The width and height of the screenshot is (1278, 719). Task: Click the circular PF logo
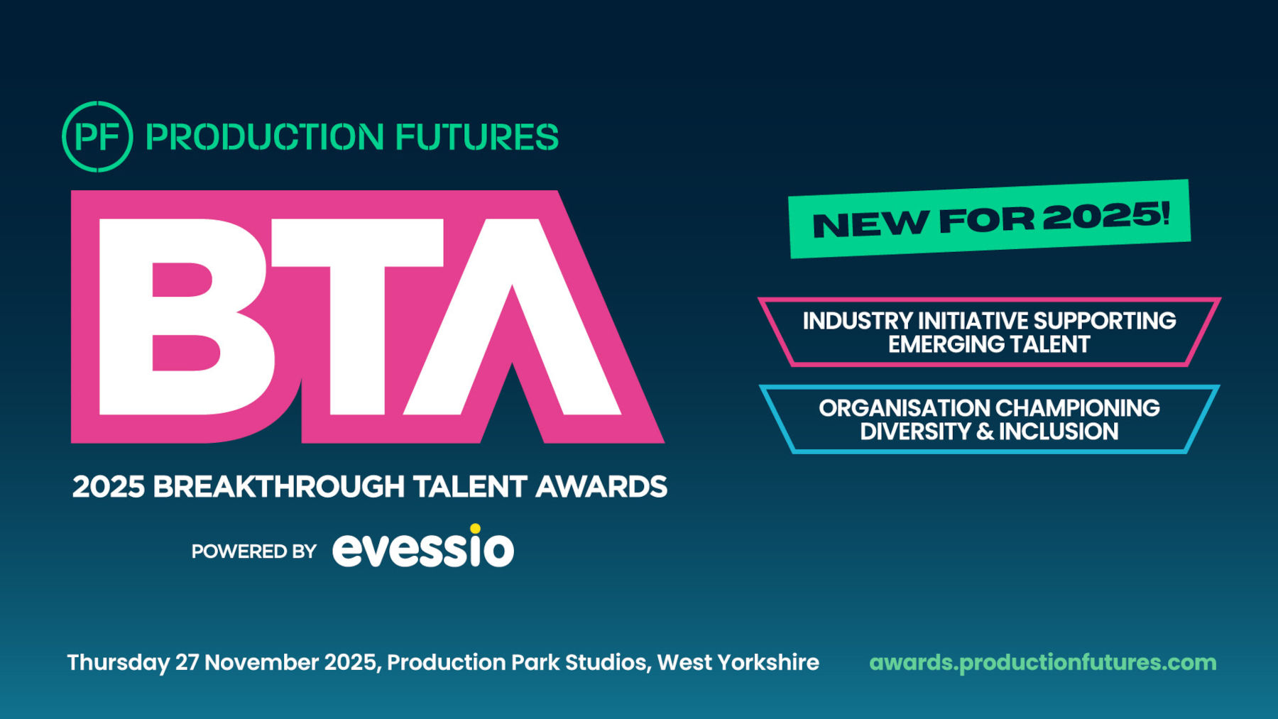pyautogui.click(x=97, y=136)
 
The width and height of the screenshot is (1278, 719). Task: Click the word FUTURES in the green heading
pyautogui.click(x=476, y=137)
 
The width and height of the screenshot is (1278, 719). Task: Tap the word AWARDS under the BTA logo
pyautogui.click(x=601, y=487)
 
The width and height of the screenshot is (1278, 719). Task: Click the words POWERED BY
pyautogui.click(x=253, y=551)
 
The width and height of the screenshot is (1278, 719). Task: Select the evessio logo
pyautogui.click(x=423, y=546)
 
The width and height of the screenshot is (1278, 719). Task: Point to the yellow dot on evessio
pyautogui.click(x=475, y=528)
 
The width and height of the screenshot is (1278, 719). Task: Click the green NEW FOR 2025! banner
pyautogui.click(x=990, y=219)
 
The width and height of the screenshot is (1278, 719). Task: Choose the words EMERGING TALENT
pyautogui.click(x=989, y=344)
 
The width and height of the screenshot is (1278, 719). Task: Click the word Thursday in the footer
pyautogui.click(x=119, y=663)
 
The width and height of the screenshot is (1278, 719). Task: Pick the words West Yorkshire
pyautogui.click(x=738, y=662)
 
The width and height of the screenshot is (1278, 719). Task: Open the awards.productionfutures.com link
pyautogui.click(x=1043, y=663)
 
